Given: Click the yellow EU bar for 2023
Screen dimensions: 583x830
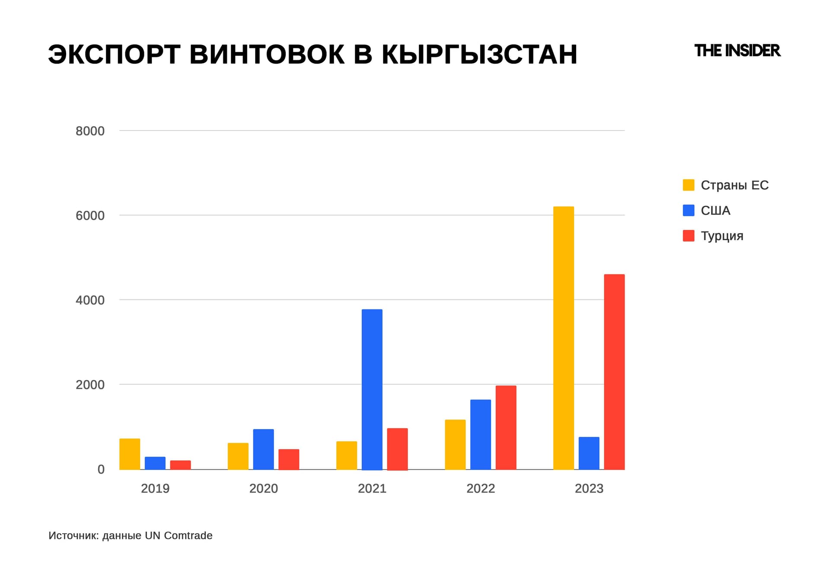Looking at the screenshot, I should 563,338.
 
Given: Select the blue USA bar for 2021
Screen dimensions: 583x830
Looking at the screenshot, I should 372,389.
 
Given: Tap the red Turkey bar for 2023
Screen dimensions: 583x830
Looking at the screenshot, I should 614,372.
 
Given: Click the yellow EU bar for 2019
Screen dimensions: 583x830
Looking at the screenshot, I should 130,454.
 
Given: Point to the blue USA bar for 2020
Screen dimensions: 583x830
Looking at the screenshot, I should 263,449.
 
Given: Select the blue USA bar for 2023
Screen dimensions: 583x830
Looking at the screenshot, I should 589,453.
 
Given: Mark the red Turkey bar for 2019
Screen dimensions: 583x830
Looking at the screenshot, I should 180,465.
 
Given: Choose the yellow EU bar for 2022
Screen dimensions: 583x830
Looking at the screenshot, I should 455,444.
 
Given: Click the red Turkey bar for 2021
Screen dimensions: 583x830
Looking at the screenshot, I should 397,449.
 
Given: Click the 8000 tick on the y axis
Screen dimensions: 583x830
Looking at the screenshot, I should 90,131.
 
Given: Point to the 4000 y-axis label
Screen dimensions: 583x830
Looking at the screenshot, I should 90,300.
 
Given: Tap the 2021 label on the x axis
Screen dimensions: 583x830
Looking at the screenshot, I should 372,488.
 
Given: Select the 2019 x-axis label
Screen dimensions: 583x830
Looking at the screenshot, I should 155,488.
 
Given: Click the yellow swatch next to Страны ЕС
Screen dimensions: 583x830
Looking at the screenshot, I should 688,185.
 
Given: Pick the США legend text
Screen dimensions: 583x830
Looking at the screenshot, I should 715,210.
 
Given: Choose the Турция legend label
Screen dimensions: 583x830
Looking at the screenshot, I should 722,236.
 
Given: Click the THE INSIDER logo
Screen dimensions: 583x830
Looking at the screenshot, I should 737,51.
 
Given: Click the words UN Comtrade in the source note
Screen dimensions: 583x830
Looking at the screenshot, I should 179,535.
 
